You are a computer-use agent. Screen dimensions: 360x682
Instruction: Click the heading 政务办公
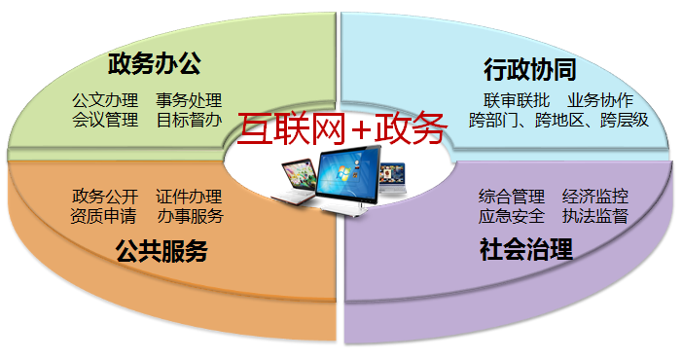tap(154, 65)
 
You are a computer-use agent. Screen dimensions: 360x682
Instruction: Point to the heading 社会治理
tap(525, 249)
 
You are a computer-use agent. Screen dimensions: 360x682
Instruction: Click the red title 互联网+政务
tap(342, 127)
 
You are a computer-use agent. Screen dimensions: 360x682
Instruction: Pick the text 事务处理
tap(189, 100)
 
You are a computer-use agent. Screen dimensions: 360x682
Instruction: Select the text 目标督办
tap(189, 121)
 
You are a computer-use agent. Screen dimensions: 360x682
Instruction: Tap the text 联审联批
tap(517, 101)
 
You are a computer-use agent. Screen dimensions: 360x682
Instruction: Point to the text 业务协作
tap(599, 101)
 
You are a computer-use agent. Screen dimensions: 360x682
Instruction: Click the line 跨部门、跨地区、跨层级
tap(558, 122)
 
